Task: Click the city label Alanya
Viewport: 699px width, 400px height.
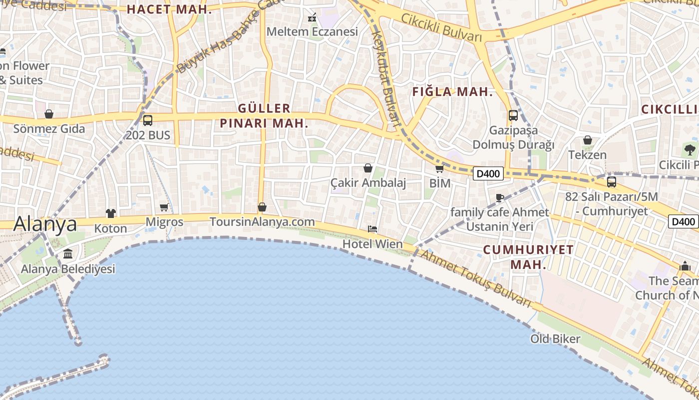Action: click(45, 224)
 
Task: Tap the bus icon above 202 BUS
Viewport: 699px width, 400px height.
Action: click(147, 120)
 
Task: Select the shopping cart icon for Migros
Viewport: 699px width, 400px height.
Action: click(164, 207)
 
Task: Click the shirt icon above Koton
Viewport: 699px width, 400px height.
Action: click(110, 213)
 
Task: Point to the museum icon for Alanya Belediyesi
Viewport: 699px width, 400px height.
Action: click(68, 253)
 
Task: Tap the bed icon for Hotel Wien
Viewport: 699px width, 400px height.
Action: click(372, 229)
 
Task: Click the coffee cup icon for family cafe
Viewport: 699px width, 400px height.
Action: click(499, 197)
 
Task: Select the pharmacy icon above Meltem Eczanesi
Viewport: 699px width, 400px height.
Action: click(312, 18)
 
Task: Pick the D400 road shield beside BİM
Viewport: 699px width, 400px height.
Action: click(488, 173)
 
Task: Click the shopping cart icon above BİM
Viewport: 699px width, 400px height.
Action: click(439, 168)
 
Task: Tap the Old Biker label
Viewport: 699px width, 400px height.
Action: click(555, 339)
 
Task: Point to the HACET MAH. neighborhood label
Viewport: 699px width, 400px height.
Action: click(169, 9)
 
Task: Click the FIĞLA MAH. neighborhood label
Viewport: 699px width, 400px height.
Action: click(452, 92)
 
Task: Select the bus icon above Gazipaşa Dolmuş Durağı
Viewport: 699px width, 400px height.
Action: click(513, 115)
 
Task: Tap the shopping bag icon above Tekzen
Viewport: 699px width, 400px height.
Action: click(588, 140)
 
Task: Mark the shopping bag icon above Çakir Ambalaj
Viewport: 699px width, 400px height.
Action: click(368, 168)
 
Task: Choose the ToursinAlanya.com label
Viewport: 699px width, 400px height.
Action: click(262, 221)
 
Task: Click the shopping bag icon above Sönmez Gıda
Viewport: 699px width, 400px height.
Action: click(49, 114)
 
